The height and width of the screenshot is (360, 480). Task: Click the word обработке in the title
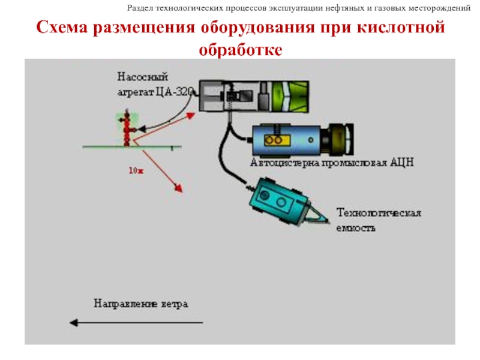(x=240, y=50)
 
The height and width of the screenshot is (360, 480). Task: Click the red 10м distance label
(x=136, y=170)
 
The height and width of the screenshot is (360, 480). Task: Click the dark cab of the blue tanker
(x=340, y=139)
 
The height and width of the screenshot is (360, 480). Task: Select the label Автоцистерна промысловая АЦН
(x=331, y=163)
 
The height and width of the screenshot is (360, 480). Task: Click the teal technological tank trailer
(x=279, y=200)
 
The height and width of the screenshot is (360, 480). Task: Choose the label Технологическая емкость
(x=378, y=220)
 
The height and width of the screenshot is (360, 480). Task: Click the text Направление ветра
(x=140, y=304)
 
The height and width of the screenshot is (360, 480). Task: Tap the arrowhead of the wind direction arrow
(x=74, y=323)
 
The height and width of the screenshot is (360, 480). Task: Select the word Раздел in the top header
(x=140, y=8)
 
